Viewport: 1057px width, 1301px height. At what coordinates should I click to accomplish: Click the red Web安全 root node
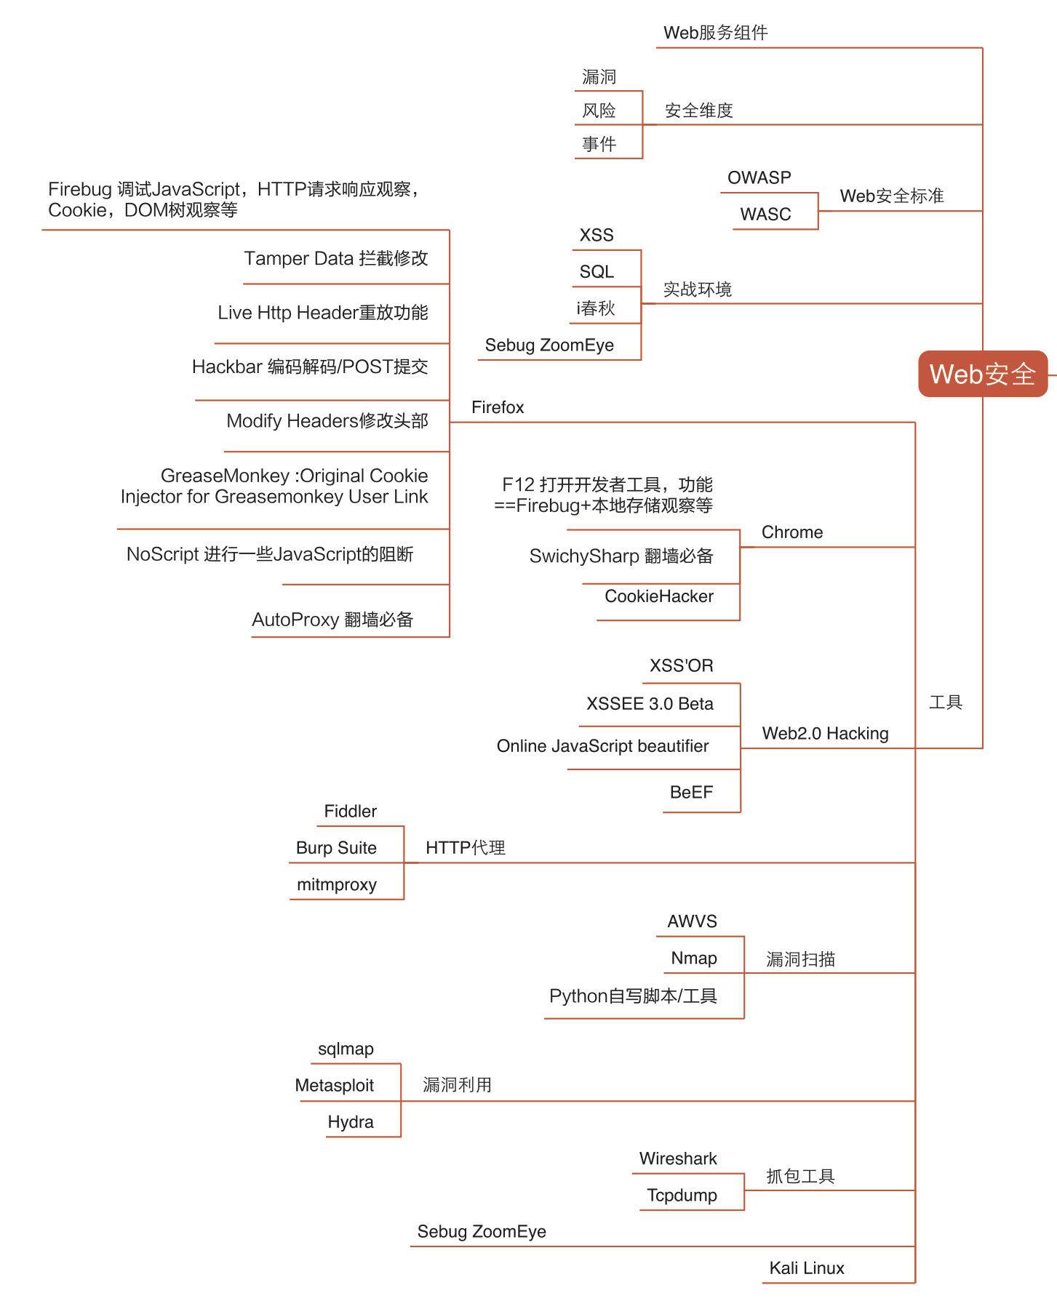pos(982,374)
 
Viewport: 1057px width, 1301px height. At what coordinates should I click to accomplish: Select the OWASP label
pos(759,178)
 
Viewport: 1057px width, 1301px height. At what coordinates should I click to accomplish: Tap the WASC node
pos(765,215)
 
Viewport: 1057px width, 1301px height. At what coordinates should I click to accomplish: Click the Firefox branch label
pos(498,407)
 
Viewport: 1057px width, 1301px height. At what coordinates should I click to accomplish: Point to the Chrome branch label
pos(791,532)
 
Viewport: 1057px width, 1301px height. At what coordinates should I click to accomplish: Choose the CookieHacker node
pos(659,596)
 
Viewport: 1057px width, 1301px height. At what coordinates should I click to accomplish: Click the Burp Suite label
pos(336,848)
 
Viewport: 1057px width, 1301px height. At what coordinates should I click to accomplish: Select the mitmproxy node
pos(337,885)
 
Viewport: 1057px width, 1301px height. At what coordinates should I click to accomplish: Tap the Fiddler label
pos(350,812)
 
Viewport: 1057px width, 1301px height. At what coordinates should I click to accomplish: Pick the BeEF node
pos(691,793)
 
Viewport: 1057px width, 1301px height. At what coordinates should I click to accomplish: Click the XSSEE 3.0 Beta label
pos(650,704)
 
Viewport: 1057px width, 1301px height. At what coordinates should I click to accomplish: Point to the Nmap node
pos(693,958)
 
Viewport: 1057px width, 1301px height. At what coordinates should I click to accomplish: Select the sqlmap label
pos(346,1049)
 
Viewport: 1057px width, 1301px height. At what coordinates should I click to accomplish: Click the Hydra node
pos(350,1122)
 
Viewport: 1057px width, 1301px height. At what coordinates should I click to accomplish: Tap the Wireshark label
pos(678,1158)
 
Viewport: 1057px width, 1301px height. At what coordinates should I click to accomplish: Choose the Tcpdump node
pos(682,1196)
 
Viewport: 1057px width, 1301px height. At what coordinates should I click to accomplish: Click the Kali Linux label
pos(807,1268)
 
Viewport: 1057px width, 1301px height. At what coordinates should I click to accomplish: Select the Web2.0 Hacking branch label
pos(825,734)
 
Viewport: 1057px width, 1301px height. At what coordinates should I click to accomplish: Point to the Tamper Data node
pos(336,259)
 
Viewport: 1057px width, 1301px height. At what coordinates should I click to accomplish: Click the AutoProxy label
pos(332,620)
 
